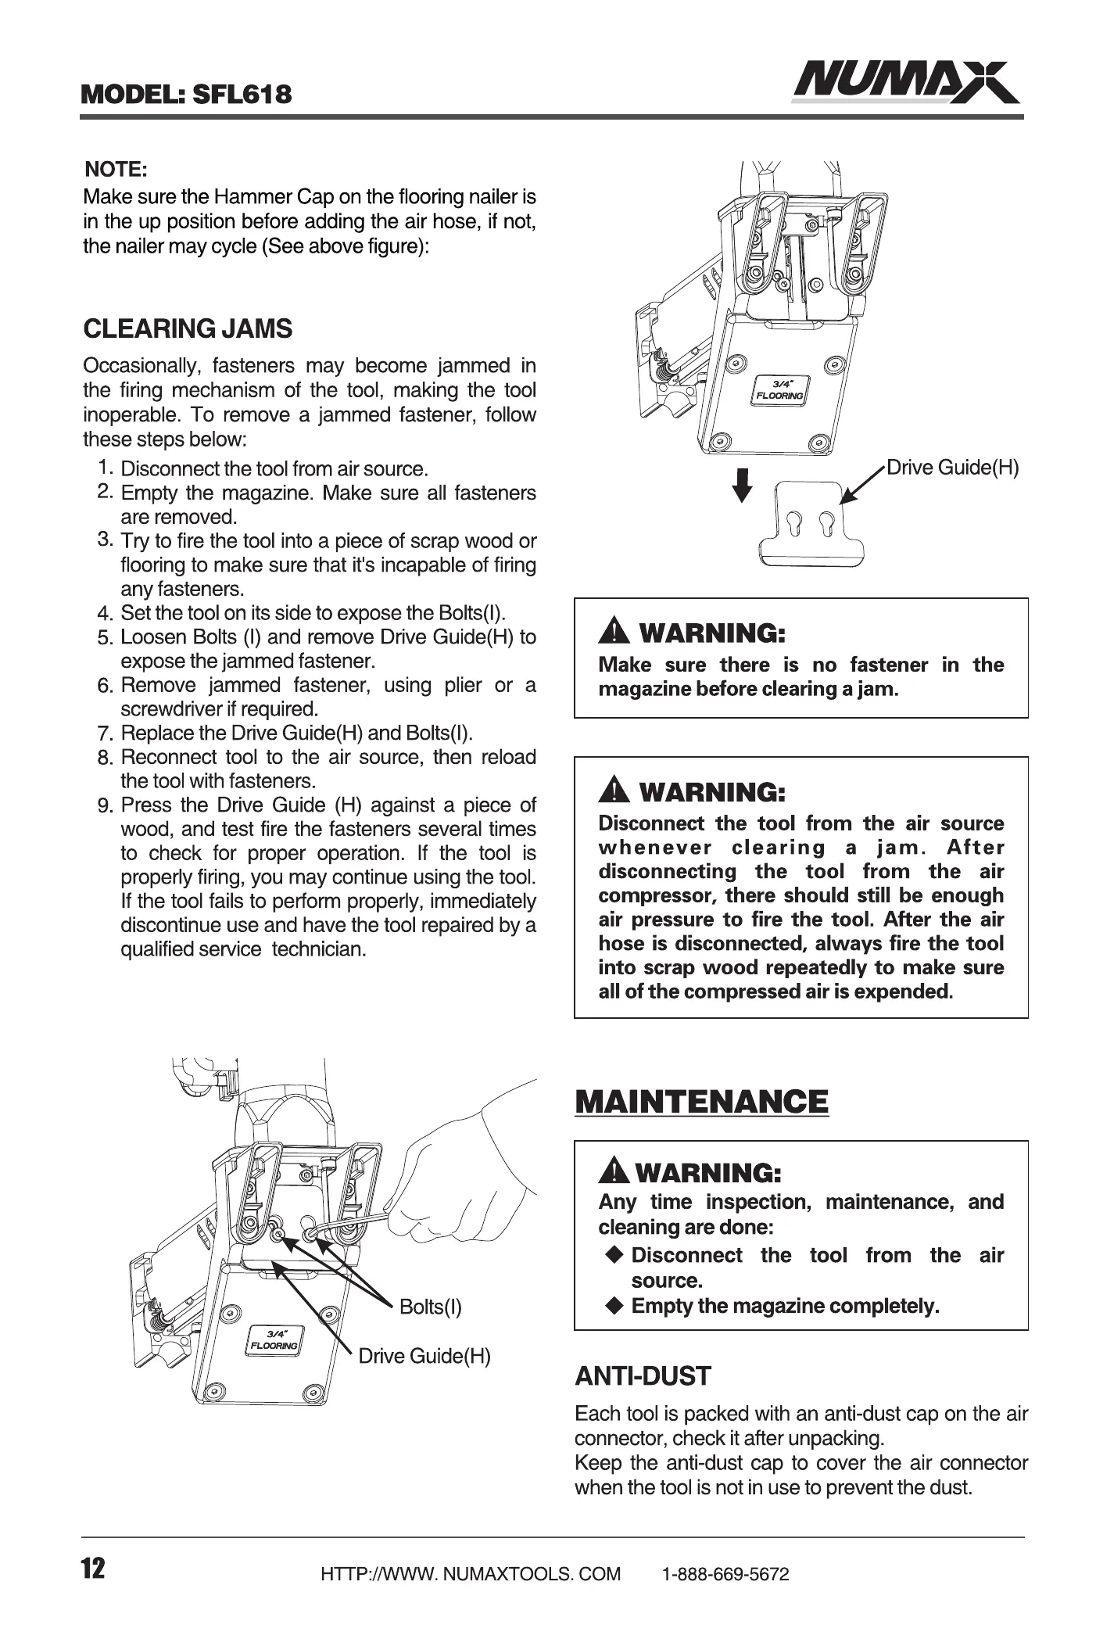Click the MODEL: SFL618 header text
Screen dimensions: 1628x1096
click(x=187, y=95)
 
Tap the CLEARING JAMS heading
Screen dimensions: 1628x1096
click(x=188, y=328)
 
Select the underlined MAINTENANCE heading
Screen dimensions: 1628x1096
click(x=701, y=1102)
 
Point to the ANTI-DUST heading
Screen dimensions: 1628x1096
click(x=643, y=1376)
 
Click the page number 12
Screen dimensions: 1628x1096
click(x=92, y=1568)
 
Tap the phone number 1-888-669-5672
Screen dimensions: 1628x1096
click(x=725, y=1574)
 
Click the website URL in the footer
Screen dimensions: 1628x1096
click(x=471, y=1574)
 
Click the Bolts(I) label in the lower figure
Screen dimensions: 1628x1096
click(x=430, y=1307)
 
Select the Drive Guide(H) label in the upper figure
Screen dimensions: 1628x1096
click(x=952, y=468)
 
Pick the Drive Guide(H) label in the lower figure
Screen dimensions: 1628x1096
click(x=424, y=1356)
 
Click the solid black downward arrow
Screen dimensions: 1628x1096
click(x=742, y=485)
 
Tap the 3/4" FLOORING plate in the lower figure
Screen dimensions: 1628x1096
click(x=274, y=1339)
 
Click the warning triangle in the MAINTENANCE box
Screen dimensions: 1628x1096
click(x=614, y=1172)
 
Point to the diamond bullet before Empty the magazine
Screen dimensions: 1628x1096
click(x=615, y=1305)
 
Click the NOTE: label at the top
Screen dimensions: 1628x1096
click(x=116, y=169)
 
